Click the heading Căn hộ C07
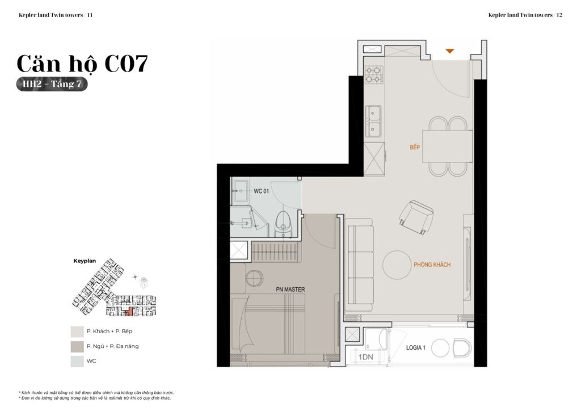82,64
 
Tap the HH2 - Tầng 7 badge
52,85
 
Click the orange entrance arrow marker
449,51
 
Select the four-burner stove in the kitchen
374,75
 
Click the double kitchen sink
373,121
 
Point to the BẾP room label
415,148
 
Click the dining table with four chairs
447,146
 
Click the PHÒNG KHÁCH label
432,265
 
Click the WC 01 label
261,191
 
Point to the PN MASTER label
290,290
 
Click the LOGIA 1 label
416,347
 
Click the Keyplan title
85,261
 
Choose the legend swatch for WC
77,361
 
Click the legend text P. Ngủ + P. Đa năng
112,346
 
